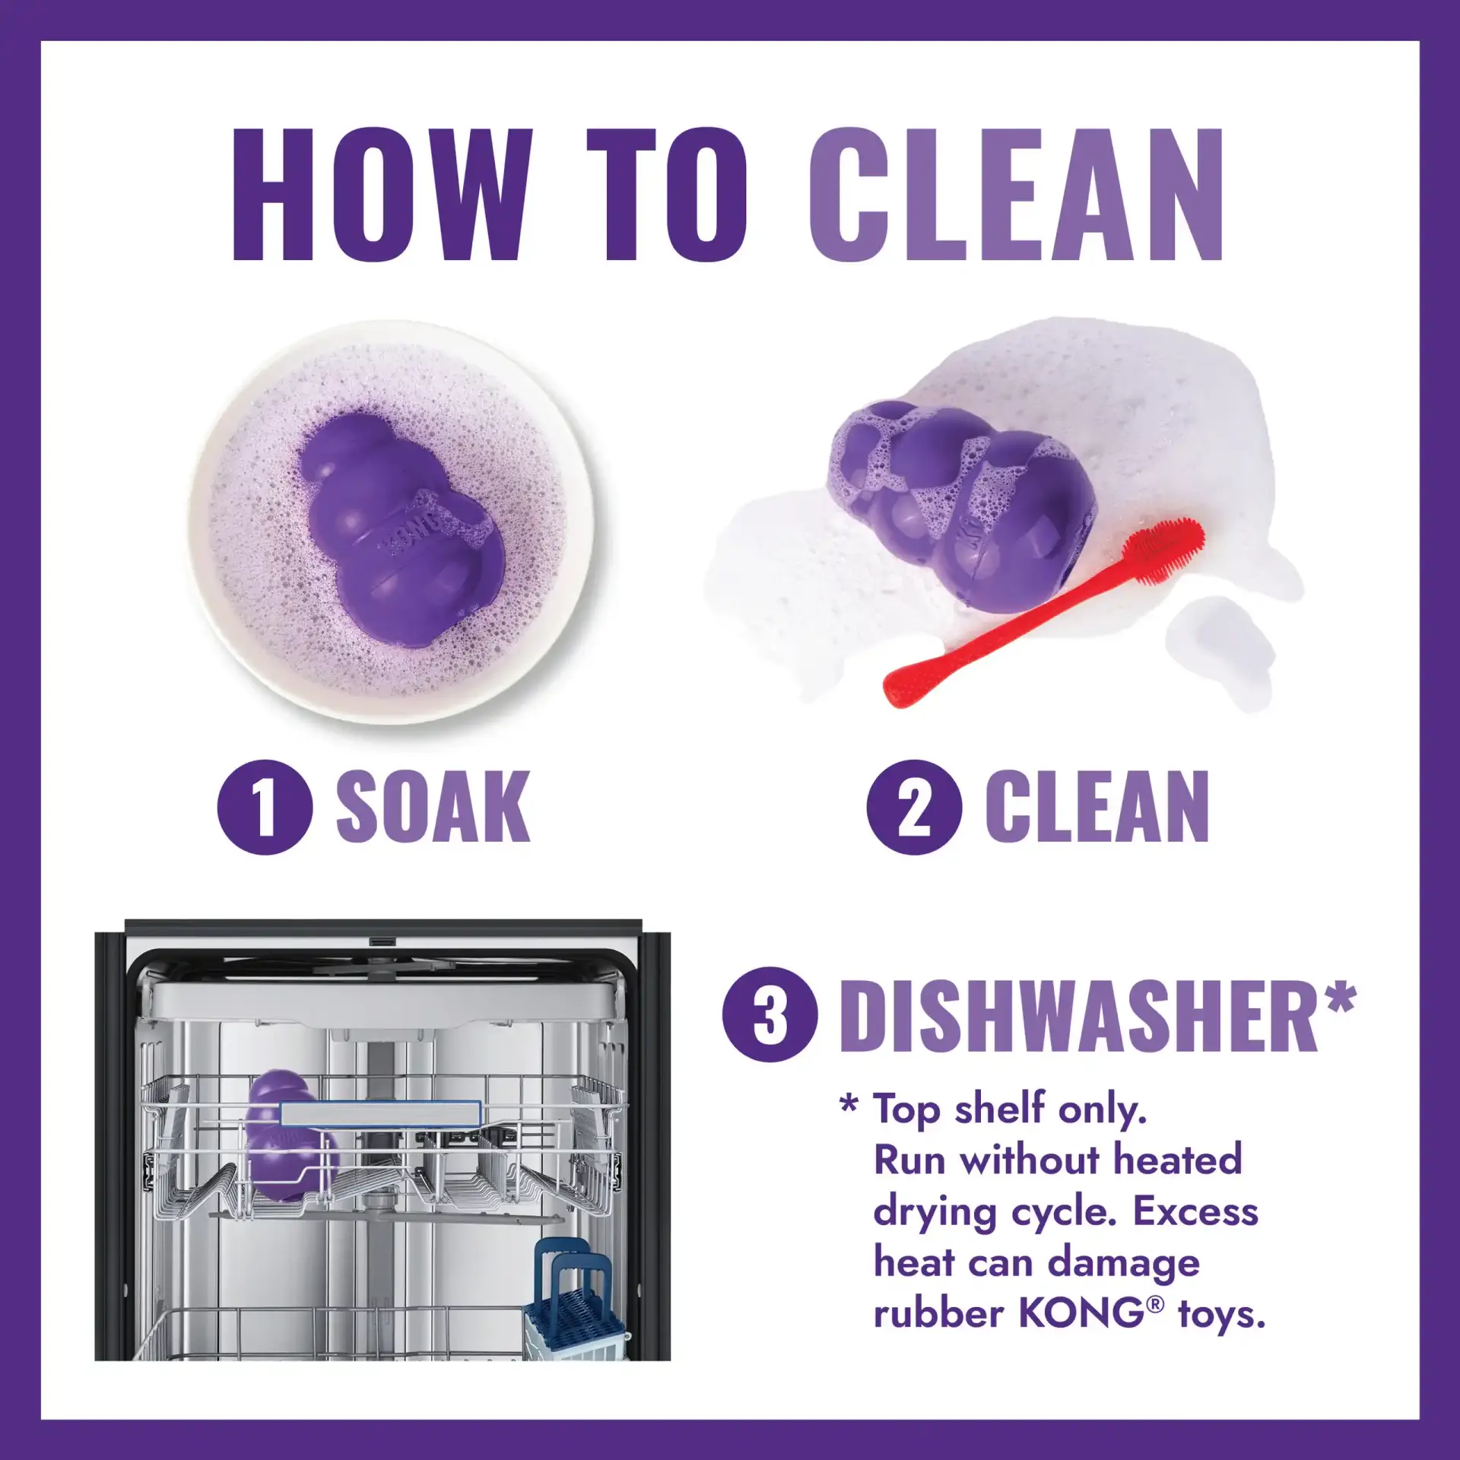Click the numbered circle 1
265,807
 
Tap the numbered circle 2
914,807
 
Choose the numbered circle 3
770,1015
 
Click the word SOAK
433,807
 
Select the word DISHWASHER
1078,1017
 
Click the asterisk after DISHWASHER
1340,998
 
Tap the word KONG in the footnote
1080,1313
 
